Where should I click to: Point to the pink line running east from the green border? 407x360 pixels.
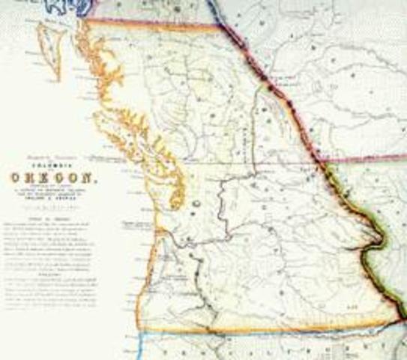click(367, 158)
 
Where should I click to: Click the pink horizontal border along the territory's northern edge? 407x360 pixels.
click(150, 20)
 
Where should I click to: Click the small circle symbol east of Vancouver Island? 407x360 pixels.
click(194, 203)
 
